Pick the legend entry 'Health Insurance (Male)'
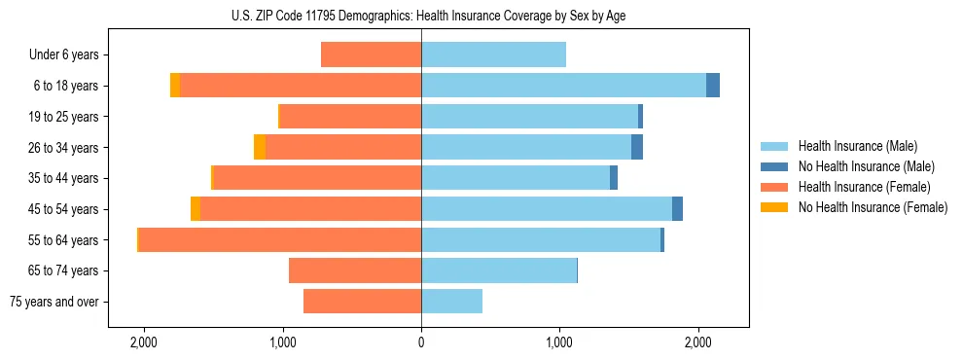[857, 146]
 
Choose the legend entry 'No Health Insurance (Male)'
[866, 166]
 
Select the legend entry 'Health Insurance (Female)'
[864, 187]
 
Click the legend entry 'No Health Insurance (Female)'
[873, 207]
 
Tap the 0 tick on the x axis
[421, 342]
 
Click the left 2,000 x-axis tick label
[144, 342]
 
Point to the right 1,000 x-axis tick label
[559, 342]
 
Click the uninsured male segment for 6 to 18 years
[713, 86]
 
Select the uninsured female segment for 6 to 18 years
[175, 86]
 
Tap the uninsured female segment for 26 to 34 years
[260, 147]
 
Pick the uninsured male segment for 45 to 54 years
[677, 209]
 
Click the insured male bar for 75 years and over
[451, 302]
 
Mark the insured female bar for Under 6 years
[371, 55]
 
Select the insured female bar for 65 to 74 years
[355, 270]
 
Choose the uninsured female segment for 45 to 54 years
[196, 209]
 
